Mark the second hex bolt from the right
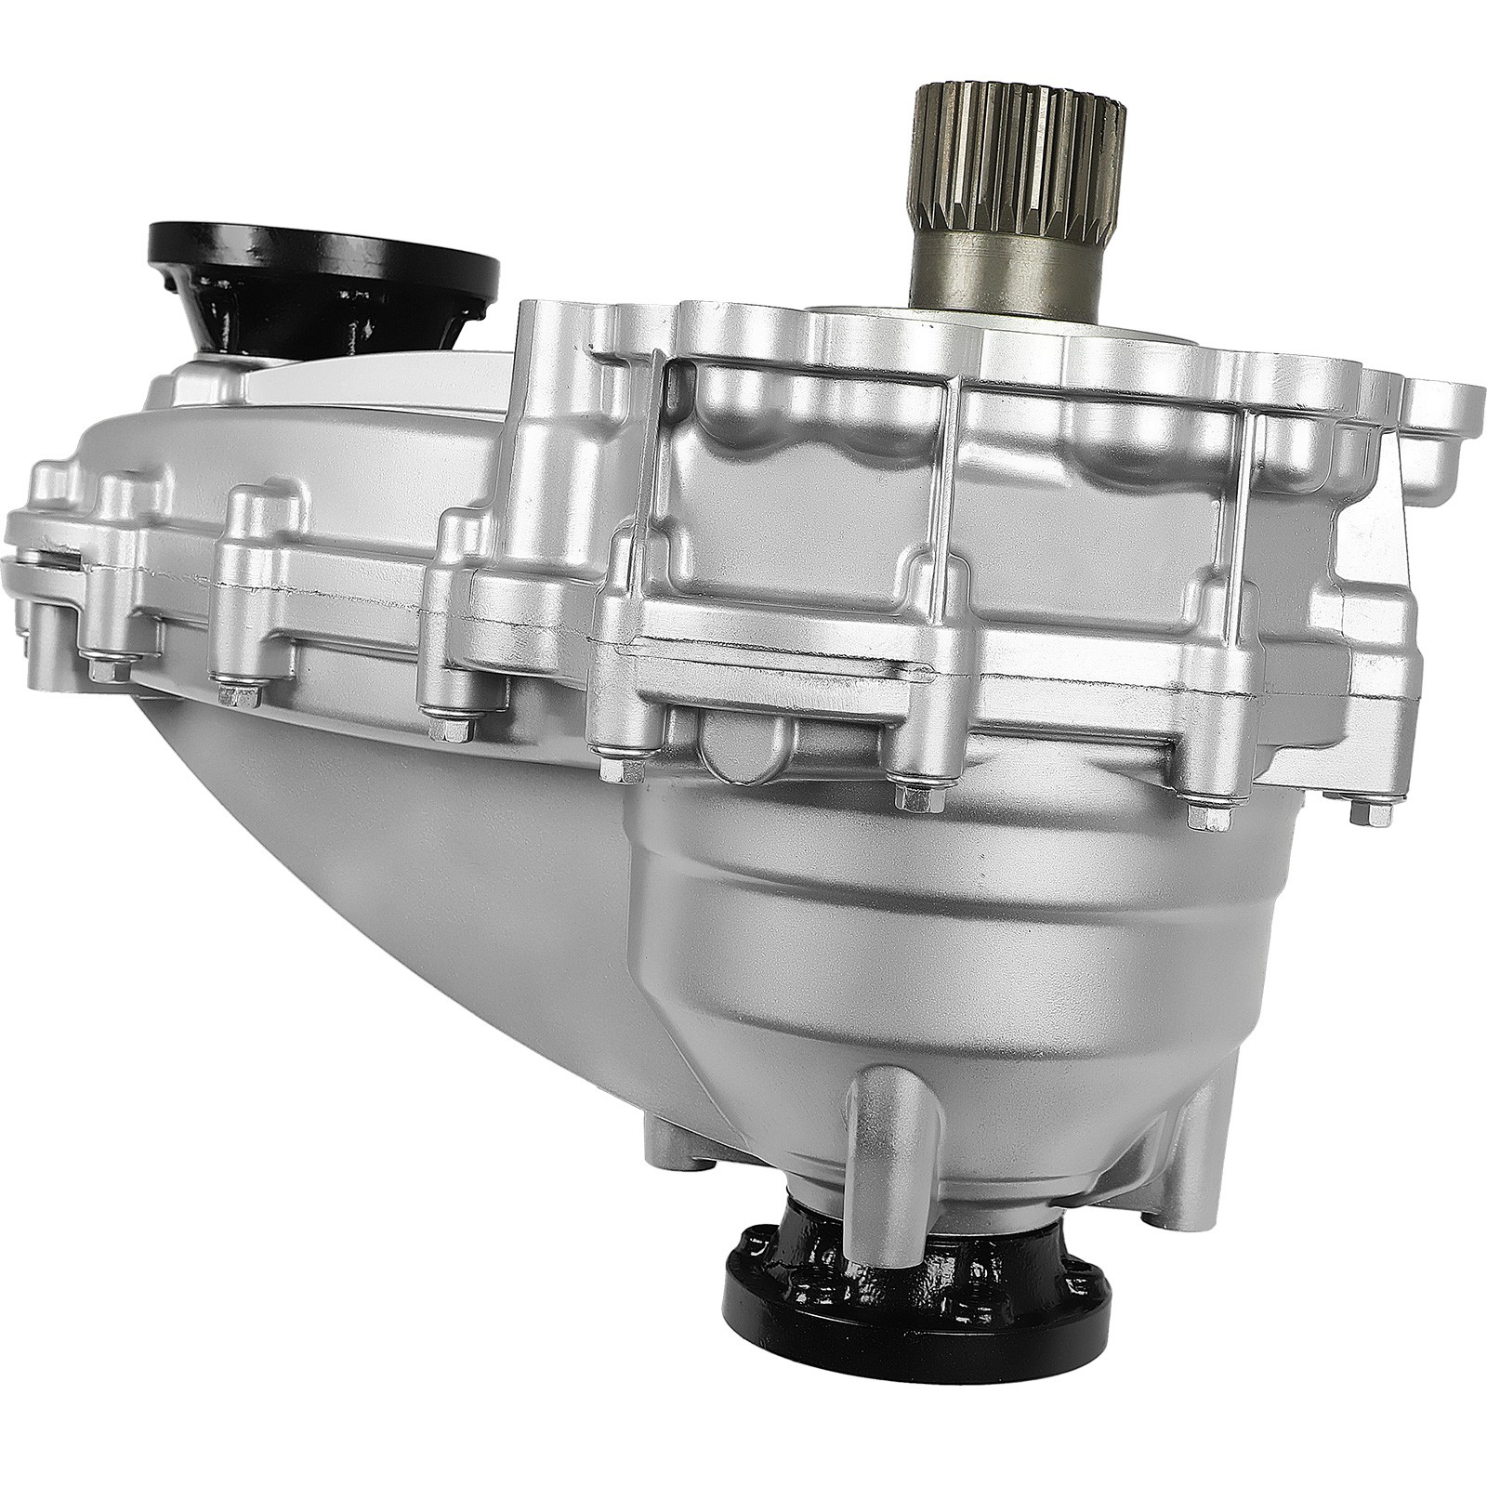[1210, 816]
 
